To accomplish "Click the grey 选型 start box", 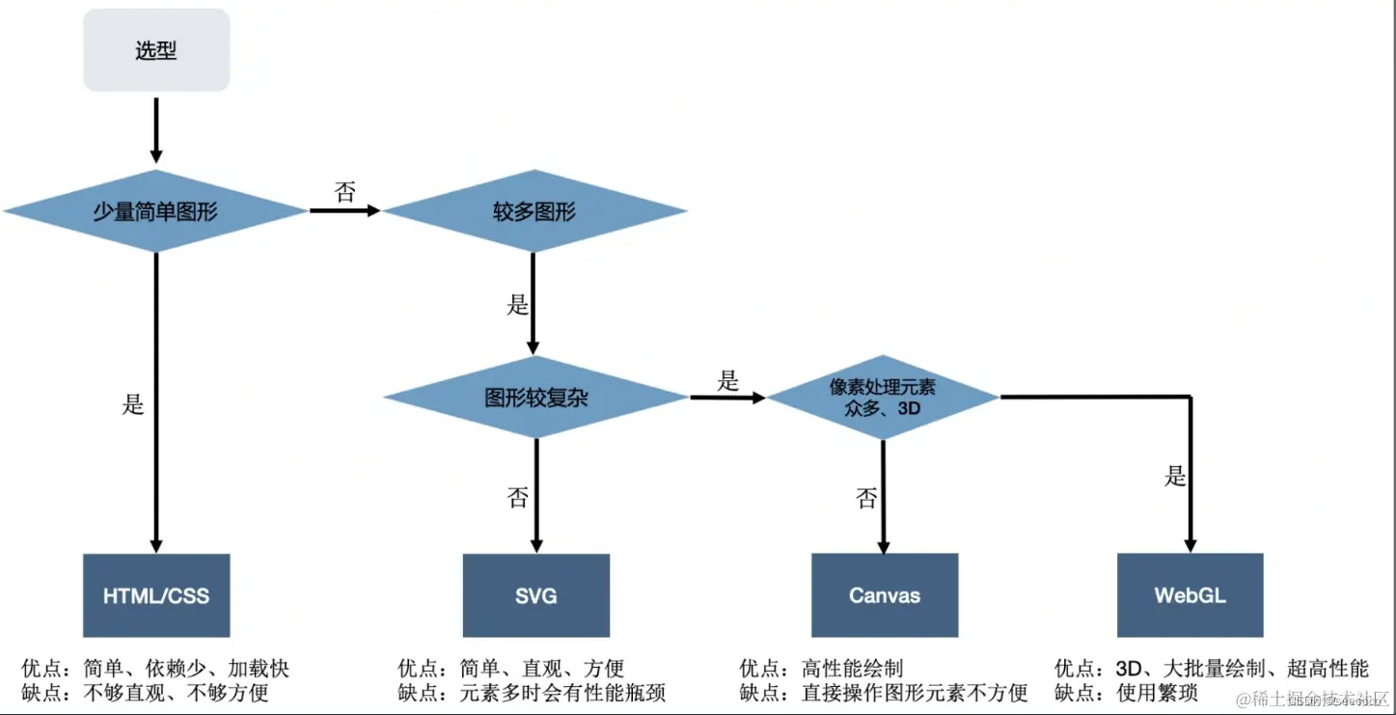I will [156, 50].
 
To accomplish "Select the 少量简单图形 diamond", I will [155, 211].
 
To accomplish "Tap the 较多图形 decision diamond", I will [534, 211].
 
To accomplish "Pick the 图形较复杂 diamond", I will [535, 397].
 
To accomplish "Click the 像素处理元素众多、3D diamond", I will [883, 397].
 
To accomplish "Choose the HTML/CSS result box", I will [156, 595].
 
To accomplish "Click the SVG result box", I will [535, 595].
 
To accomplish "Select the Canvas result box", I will [884, 595].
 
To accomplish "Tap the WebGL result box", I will [1190, 595].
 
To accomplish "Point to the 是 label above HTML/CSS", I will [133, 404].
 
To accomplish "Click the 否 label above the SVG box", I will [517, 498].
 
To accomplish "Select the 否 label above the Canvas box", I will [866, 498].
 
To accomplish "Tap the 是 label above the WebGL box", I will [1175, 477].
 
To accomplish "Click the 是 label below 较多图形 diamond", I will [517, 306].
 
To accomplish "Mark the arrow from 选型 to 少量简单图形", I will [156, 127].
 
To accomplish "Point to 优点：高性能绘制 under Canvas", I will [821, 669].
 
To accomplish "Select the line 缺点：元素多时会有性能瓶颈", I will [532, 693].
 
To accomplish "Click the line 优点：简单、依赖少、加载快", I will [155, 669].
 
